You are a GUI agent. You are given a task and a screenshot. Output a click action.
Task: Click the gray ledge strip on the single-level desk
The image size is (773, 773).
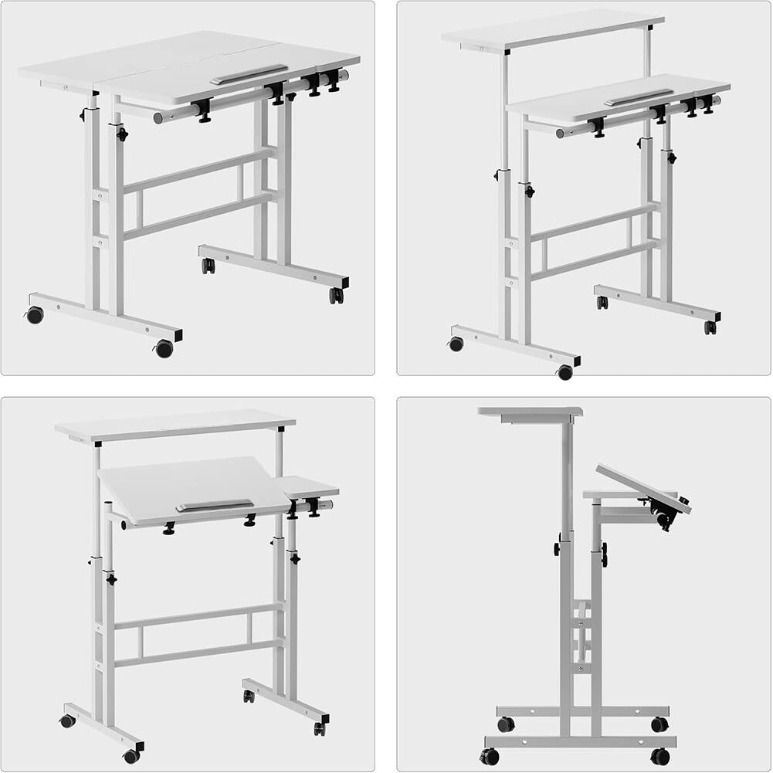249,74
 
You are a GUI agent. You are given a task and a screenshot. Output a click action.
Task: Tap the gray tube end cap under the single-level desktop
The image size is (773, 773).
158,118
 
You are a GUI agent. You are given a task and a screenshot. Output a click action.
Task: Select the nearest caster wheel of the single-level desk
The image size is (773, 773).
164,349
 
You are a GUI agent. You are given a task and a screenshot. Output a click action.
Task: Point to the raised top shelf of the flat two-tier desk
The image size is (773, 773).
552,29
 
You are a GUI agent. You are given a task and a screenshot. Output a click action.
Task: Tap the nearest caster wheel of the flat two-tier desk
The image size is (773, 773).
565,372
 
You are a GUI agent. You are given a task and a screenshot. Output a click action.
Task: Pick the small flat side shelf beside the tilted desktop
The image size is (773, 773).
309,487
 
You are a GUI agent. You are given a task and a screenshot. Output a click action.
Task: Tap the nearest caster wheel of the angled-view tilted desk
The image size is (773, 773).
132,756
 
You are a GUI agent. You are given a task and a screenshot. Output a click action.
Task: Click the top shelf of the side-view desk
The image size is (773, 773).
530,412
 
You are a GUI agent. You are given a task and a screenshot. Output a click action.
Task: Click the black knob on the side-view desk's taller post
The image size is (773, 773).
555,548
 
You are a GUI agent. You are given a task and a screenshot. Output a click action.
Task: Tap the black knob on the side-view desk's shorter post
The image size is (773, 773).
604,552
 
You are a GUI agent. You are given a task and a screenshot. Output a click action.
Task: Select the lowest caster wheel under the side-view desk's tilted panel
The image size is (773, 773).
660,756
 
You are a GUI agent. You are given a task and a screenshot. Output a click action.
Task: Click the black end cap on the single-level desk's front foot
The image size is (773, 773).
178,337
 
